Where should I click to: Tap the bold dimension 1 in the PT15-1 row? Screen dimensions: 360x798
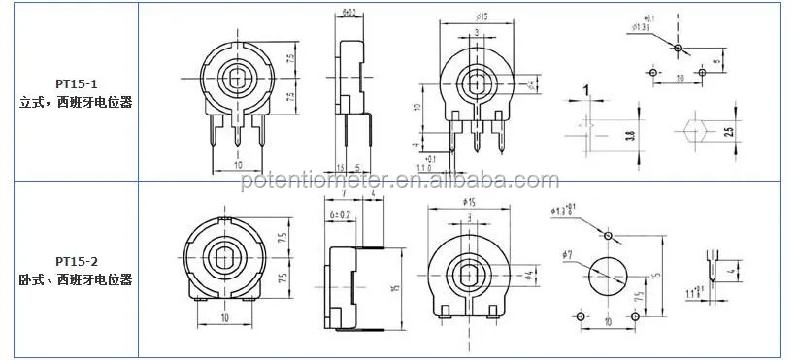pos(586,91)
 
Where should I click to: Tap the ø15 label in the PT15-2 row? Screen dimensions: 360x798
pos(471,201)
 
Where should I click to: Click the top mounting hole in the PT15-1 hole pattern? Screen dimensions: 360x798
pos(679,48)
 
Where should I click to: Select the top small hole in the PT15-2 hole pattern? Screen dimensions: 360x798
pos(609,235)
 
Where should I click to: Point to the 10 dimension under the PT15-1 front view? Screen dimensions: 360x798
pos(237,163)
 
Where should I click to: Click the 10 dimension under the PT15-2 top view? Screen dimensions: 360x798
pos(225,319)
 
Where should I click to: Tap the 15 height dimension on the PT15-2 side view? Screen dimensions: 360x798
pos(394,288)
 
